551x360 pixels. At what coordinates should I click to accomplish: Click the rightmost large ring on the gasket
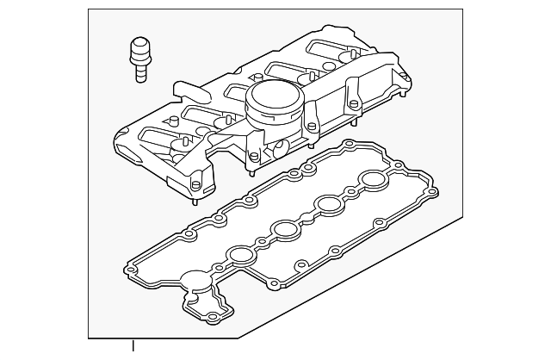pyautogui.click(x=373, y=181)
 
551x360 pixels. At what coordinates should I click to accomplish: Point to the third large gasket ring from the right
pyautogui.click(x=283, y=229)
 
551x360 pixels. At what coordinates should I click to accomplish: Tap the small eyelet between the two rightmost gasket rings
pyautogui.click(x=350, y=191)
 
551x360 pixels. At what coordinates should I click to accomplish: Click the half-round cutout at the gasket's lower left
pyautogui.click(x=195, y=281)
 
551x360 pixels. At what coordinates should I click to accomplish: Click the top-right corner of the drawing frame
pyautogui.click(x=461, y=9)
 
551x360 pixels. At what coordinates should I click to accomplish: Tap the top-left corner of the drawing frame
pyautogui.click(x=89, y=9)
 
